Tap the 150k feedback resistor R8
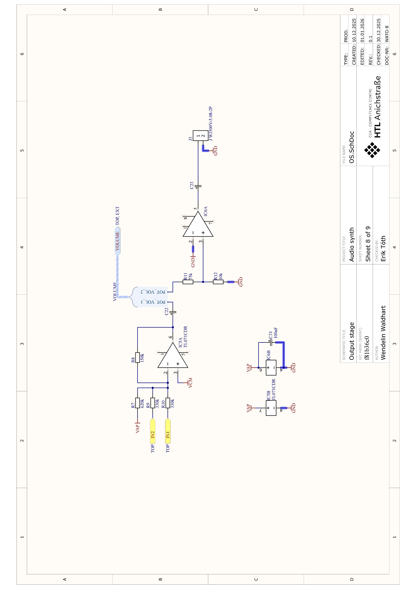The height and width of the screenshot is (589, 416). tap(138, 357)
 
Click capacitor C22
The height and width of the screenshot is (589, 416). tap(173, 312)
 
